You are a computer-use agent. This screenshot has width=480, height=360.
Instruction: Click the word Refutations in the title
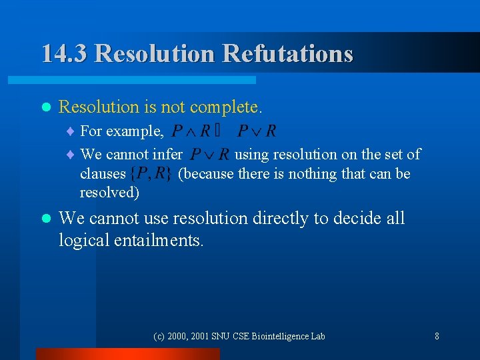point(288,53)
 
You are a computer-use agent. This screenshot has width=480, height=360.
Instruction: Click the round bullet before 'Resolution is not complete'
point(45,107)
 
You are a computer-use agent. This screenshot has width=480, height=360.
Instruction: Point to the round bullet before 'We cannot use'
point(45,219)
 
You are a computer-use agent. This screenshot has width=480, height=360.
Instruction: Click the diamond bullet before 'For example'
point(72,131)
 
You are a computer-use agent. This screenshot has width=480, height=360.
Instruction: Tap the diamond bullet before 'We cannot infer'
point(72,155)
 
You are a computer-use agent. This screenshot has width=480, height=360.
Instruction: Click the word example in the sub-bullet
point(136,131)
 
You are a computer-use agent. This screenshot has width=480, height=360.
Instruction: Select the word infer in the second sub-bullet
point(167,155)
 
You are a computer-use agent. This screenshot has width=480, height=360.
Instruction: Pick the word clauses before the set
point(103,174)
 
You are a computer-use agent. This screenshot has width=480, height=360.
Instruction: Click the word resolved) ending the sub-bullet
point(109,193)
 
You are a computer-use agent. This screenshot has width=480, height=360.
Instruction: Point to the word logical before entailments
point(83,240)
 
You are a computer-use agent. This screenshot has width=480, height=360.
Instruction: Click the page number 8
point(437,336)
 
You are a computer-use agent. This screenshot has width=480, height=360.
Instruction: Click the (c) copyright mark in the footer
point(159,336)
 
